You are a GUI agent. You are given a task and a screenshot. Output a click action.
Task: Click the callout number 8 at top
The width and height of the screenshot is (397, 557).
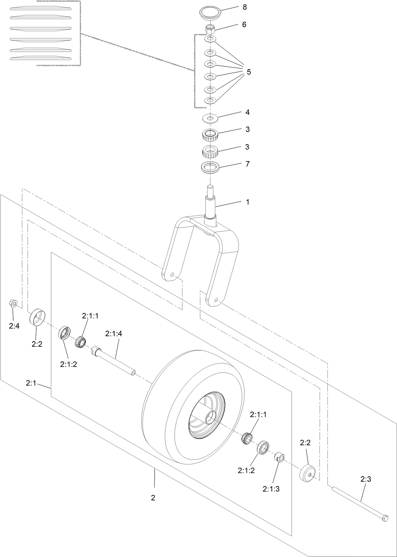coord(245,7)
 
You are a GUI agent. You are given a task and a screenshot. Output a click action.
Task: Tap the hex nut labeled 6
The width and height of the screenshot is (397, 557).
coord(210,29)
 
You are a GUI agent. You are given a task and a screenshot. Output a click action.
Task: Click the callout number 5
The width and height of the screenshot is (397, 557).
coord(249,72)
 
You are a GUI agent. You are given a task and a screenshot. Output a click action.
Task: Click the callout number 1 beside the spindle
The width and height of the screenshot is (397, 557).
coord(247,202)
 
